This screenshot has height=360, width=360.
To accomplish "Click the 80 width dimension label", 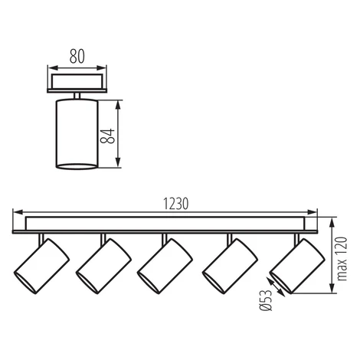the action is (x=77, y=56).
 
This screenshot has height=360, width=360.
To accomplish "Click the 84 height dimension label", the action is (x=106, y=136).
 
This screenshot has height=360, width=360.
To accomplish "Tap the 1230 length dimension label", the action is (x=175, y=204).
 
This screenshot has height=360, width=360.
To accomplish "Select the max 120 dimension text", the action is (x=342, y=259).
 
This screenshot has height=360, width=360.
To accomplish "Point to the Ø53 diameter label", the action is (x=266, y=300).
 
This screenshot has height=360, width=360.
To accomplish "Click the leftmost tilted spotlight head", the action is (x=41, y=266).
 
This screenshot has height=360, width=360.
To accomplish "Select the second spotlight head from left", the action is (x=103, y=266).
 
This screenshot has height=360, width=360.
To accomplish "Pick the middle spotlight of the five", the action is (x=165, y=266).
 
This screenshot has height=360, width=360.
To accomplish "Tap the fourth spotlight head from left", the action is (x=230, y=266).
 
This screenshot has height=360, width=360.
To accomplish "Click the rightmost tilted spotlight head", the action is (x=297, y=266).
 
